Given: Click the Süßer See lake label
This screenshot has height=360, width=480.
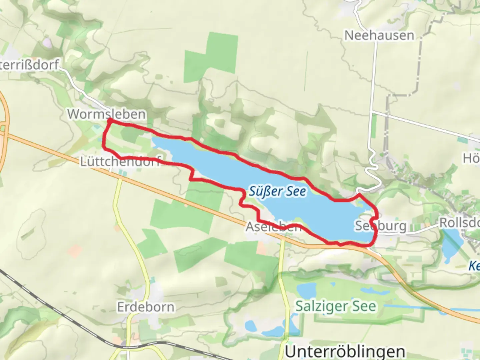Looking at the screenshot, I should click(x=277, y=192).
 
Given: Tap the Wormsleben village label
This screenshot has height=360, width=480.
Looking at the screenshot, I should click(x=106, y=114).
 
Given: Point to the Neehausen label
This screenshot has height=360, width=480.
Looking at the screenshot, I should click(x=379, y=35).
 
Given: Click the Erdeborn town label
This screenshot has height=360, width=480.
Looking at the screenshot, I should click(x=146, y=307).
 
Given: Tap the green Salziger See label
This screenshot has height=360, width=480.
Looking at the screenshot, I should click(x=335, y=306).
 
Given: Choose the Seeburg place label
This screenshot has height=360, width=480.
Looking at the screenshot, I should click(x=380, y=226).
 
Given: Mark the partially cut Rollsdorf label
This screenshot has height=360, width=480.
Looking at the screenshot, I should click(x=460, y=223).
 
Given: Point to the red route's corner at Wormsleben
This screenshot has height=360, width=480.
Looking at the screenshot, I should click(x=109, y=121).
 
